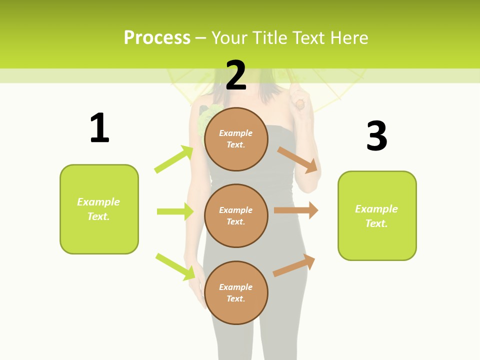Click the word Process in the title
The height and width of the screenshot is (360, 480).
(157, 38)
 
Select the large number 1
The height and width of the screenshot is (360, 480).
(99, 128)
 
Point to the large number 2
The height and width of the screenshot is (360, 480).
(236, 75)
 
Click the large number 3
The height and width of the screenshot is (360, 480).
(376, 136)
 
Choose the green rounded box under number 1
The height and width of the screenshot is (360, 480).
(99, 209)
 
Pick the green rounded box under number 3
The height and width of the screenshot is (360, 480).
(377, 215)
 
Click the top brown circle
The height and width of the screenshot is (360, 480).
(236, 139)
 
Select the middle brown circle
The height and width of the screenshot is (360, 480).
(236, 215)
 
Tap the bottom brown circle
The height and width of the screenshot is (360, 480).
(236, 292)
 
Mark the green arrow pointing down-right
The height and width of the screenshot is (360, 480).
(175, 266)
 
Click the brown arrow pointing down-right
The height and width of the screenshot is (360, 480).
(297, 159)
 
